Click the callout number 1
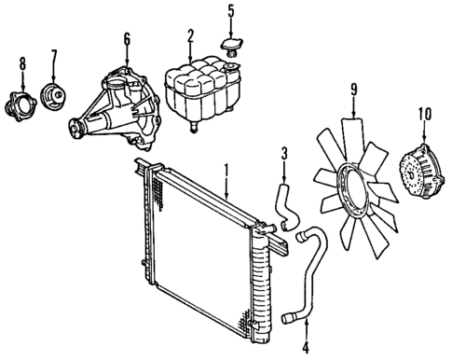click(x=224, y=170)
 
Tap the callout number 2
click(x=190, y=36)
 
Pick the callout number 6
click(x=126, y=39)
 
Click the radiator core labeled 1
click(x=196, y=252)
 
